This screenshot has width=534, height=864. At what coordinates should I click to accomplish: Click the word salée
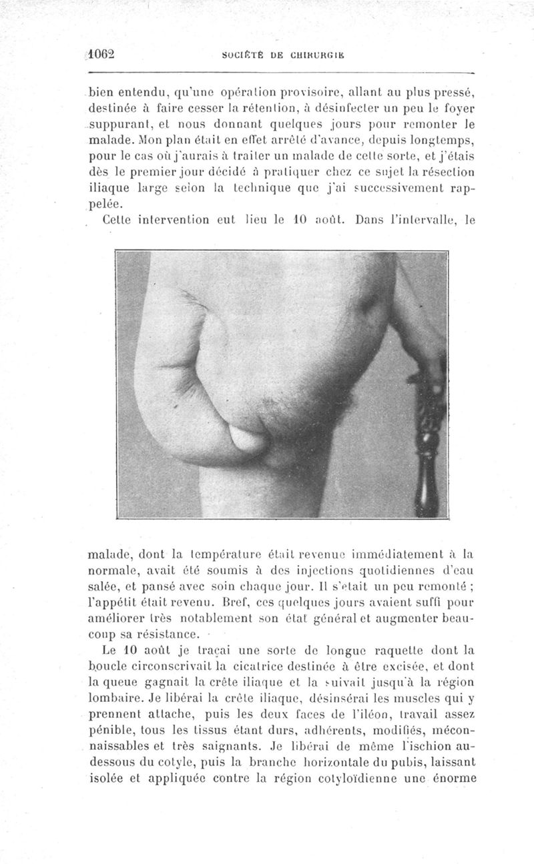[x=103, y=586]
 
